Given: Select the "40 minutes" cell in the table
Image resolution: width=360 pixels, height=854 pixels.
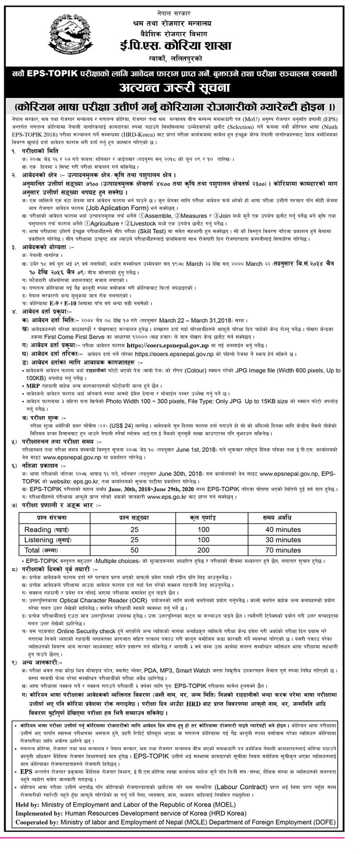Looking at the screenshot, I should point(283,529).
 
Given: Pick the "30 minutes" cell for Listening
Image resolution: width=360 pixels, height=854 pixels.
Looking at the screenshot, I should point(283,540).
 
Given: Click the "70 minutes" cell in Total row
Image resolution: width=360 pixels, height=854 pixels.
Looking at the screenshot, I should point(283,550).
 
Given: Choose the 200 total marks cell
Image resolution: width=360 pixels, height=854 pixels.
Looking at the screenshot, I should point(203,550).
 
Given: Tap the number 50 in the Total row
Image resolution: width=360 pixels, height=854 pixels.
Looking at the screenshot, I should point(135,550).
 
